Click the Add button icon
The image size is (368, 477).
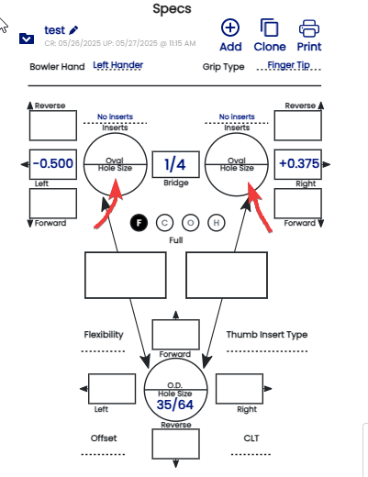tap(230, 28)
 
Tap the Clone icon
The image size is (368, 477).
tap(269, 28)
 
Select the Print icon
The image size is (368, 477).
tap(309, 28)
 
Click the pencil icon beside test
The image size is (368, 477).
tap(73, 30)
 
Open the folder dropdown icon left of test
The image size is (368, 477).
tap(27, 39)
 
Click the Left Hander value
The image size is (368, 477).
tap(118, 65)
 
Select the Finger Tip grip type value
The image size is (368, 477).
tap(289, 65)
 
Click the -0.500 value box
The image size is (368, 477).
tap(53, 164)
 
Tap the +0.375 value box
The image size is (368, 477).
tap(298, 164)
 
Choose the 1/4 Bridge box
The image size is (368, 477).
tap(176, 164)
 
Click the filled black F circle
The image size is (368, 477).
tap(139, 223)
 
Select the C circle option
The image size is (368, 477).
tap(164, 223)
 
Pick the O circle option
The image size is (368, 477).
tap(191, 223)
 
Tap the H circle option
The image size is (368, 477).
tap(217, 223)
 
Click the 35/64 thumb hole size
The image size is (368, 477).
tap(175, 405)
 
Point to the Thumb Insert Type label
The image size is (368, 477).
tap(267, 335)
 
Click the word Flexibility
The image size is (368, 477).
tap(104, 335)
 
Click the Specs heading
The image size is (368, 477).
tap(172, 9)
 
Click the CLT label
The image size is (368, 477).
tap(251, 438)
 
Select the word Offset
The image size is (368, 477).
tap(104, 438)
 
